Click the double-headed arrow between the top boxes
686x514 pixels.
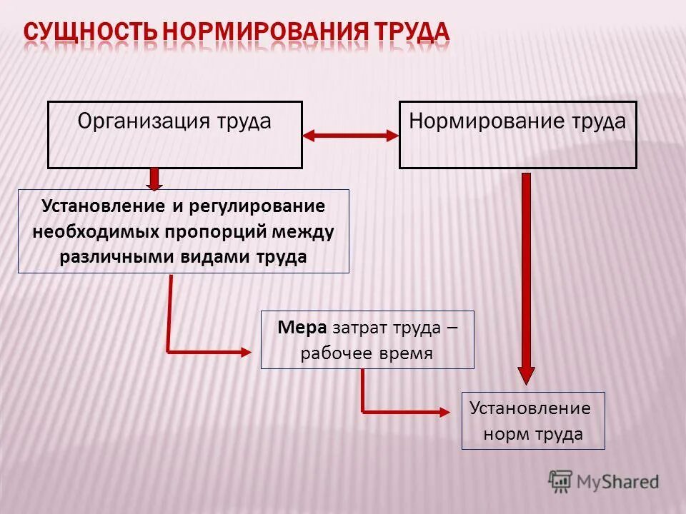point(350,134)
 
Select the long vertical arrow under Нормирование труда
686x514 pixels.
point(527,278)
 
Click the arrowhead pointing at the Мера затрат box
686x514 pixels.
point(244,351)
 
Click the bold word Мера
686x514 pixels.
point(302,328)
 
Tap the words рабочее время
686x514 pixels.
point(367,353)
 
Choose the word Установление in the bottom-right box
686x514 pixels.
point(530,408)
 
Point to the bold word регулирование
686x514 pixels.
point(257,206)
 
